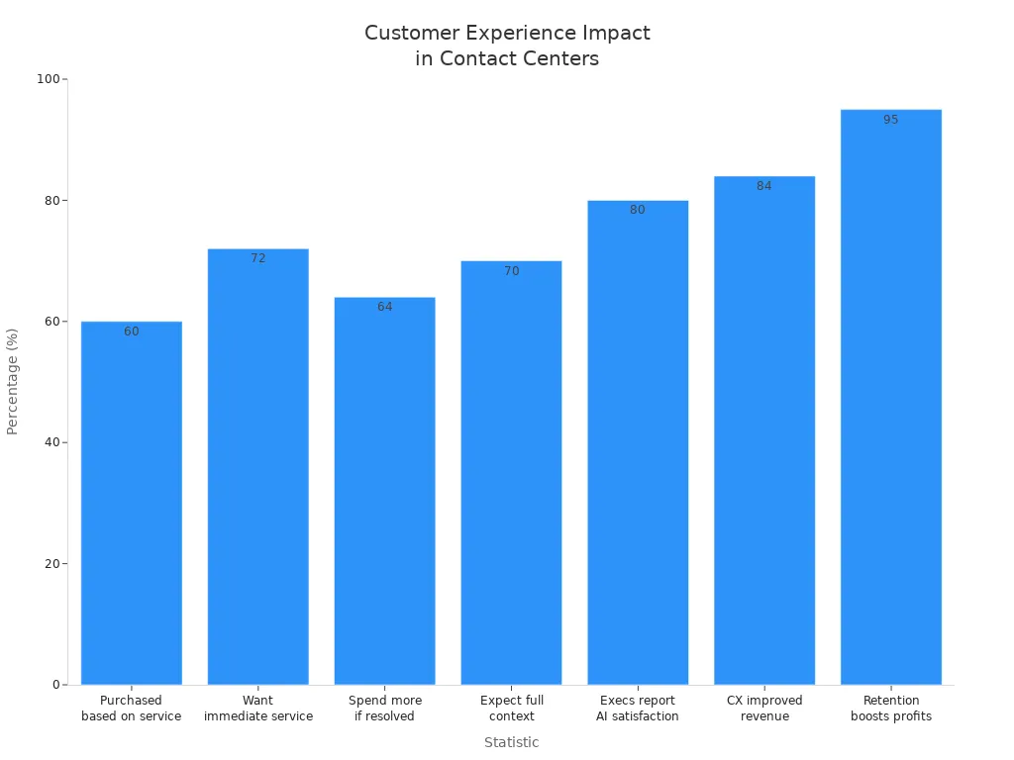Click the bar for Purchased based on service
132,503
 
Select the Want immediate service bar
258,467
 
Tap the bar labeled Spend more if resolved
385,491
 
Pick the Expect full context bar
512,472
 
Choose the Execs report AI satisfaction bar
638,442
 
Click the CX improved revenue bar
764,430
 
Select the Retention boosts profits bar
891,397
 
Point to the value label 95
891,120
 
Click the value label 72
258,258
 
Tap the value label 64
385,307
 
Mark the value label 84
764,186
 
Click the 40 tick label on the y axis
52,442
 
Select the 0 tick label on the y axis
56,685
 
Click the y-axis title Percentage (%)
12,382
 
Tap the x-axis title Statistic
512,742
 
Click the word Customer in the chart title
412,33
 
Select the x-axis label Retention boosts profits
891,709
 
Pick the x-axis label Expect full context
512,709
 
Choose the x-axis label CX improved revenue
764,709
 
